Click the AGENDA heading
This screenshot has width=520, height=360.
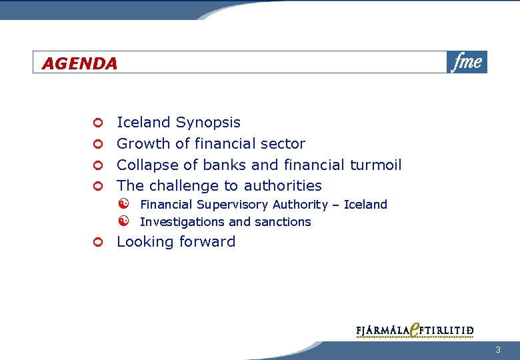click(79, 63)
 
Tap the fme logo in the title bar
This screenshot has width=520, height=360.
click(467, 62)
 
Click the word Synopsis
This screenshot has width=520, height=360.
click(208, 123)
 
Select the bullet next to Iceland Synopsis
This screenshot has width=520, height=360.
click(97, 123)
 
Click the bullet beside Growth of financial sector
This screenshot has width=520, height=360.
click(97, 144)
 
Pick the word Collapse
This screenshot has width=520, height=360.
click(145, 165)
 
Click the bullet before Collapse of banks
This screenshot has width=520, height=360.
click(97, 165)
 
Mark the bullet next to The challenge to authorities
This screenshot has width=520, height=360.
click(97, 186)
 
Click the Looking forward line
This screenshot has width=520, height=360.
click(176, 242)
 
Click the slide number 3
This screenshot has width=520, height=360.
click(497, 351)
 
